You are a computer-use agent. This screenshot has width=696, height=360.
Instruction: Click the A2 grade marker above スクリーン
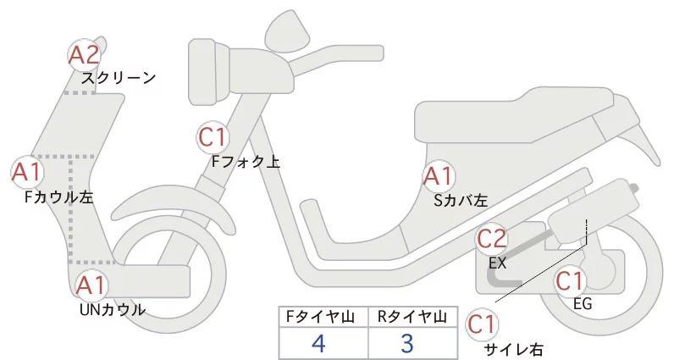click(84, 55)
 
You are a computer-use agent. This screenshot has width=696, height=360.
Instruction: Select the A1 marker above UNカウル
click(91, 285)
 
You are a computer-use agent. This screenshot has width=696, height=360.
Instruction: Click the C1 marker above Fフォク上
click(213, 136)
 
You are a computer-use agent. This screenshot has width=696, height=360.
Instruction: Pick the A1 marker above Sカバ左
click(439, 177)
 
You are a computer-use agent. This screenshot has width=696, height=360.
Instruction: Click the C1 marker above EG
click(571, 280)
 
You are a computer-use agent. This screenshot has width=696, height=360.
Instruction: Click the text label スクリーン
click(119, 78)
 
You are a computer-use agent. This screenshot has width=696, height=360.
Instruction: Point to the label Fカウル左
click(59, 197)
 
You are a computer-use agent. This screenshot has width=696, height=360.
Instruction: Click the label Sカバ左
click(461, 201)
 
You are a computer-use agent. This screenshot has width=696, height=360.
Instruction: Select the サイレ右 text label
click(513, 349)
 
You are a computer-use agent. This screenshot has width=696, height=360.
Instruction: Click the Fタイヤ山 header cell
click(323, 316)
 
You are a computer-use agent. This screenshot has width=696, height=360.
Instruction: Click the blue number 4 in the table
click(318, 343)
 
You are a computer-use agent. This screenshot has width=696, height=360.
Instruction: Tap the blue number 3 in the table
click(406, 343)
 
